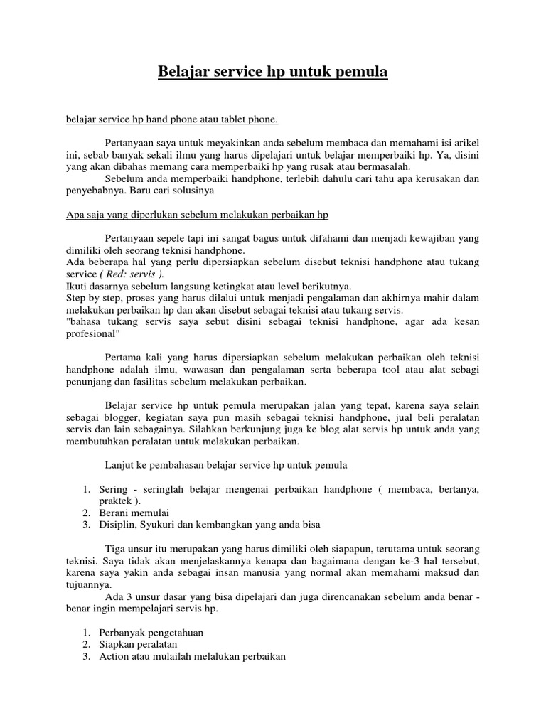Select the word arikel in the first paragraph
coord(465,141)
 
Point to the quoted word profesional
coord(94,335)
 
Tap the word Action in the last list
coord(114,656)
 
